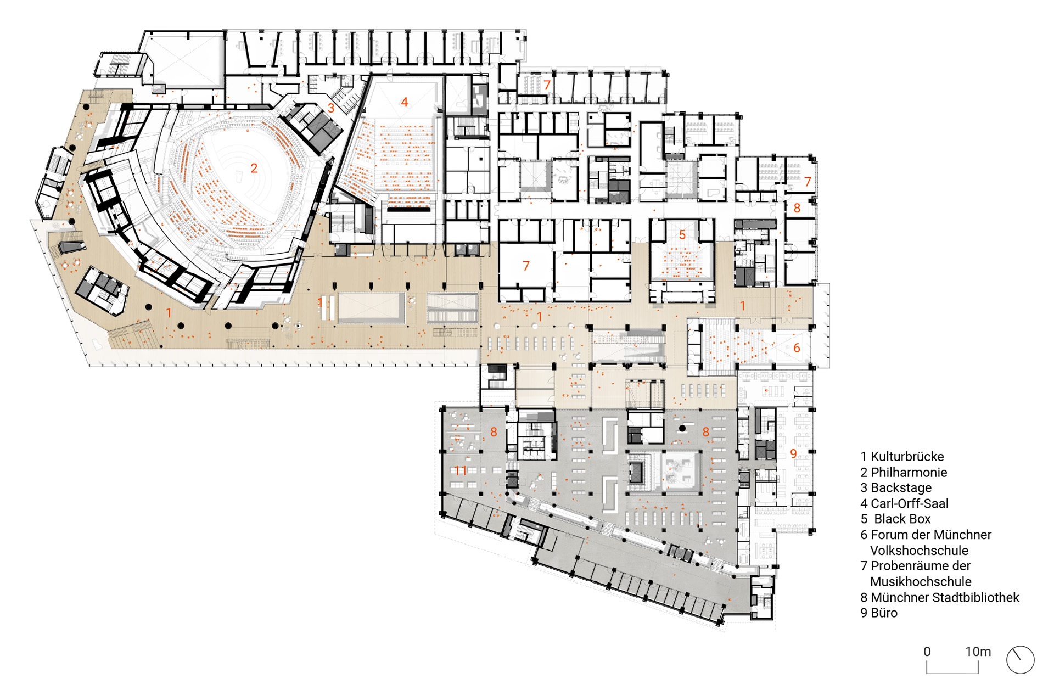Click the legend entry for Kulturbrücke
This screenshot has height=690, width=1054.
902,457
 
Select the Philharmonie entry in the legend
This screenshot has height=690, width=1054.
904,472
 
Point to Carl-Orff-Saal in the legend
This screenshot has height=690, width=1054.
904,503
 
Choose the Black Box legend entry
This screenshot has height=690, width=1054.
896,519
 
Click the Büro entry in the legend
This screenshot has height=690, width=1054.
879,613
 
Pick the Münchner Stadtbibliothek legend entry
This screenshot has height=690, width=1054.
940,597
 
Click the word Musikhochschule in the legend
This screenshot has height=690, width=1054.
921,581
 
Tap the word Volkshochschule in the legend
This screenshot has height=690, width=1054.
919,550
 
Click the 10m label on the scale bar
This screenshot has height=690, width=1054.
978,652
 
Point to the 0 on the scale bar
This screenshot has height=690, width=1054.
927,652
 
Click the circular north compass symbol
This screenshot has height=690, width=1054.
1020,659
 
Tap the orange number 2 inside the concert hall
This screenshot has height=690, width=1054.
254,168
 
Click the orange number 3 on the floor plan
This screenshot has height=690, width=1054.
331,108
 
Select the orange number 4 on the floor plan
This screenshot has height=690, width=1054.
405,102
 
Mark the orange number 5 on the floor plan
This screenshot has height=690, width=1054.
682,235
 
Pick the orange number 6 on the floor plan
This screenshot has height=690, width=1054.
797,347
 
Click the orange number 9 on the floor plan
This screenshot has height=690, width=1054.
793,453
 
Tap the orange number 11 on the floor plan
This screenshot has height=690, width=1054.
461,470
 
